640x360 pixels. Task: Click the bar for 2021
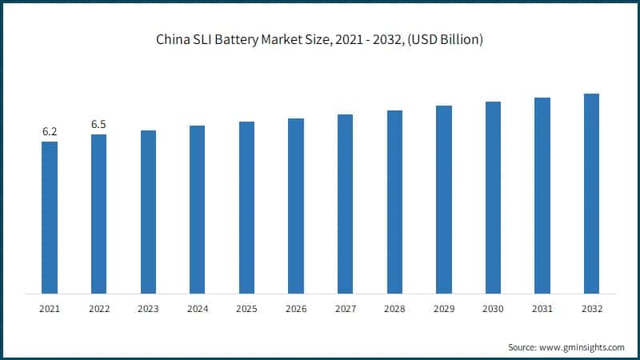(50, 217)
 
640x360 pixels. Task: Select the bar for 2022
(98, 214)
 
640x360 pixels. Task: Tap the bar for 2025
(246, 207)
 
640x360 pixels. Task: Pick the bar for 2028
(394, 202)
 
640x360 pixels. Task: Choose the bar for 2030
(493, 197)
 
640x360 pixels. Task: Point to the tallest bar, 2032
(591, 193)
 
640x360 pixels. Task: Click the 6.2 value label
(50, 131)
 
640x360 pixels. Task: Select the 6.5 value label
(98, 124)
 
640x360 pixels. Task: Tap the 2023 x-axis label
(148, 308)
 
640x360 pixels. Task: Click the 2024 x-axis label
(197, 308)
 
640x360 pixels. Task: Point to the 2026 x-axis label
(296, 308)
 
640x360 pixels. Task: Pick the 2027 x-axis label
(345, 308)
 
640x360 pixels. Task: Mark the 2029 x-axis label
(443, 308)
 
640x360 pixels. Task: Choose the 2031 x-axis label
(542, 308)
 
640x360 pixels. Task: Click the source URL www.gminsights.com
(582, 347)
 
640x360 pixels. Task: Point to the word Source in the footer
(522, 347)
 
